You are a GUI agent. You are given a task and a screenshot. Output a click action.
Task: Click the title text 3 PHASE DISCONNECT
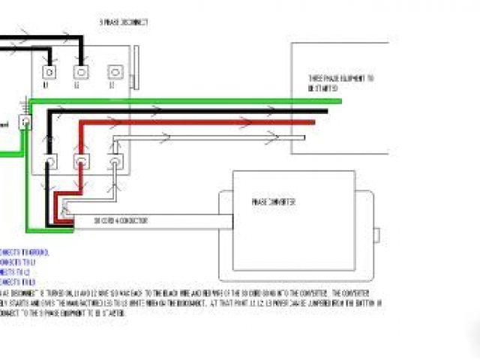(124, 22)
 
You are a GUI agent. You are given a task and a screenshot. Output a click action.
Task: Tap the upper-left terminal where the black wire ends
(49, 72)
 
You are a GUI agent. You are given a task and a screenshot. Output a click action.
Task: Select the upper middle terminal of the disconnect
(80, 72)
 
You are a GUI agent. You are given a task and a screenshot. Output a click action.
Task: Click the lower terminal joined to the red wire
(81, 160)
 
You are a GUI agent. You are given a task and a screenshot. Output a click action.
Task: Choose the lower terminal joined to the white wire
(114, 160)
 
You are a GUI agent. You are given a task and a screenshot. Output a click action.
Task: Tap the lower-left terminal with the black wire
(50, 160)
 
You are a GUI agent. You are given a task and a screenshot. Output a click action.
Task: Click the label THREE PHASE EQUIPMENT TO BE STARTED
(340, 82)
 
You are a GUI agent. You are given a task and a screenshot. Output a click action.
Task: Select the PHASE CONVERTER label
(273, 202)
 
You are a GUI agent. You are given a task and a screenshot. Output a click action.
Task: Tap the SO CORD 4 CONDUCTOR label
(120, 220)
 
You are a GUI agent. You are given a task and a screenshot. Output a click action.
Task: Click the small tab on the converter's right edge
(377, 233)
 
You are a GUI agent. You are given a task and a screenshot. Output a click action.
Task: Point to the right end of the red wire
(313, 121)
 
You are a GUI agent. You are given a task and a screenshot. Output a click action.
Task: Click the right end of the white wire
(303, 138)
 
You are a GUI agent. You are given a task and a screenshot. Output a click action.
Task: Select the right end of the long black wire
(325, 111)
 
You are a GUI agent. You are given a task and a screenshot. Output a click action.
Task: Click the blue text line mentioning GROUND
(14, 251)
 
